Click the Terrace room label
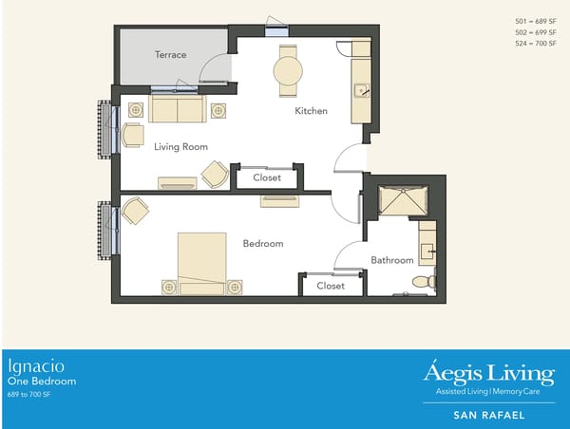pos(171,55)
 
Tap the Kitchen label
pos(311,111)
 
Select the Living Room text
pos(180,146)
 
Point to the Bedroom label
pos(263,244)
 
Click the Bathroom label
pos(391,260)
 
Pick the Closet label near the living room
pos(267,177)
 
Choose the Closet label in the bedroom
pos(331,286)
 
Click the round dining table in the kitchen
pos(287,71)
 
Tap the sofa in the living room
pos(178,109)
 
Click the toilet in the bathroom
pos(424,281)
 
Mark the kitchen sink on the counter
pos(361,91)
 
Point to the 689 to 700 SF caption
pos(29,393)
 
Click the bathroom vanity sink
pos(427,252)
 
